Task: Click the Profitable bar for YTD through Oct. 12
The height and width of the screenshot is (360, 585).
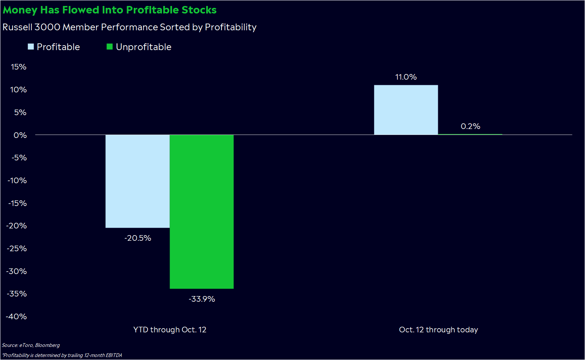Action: point(137,181)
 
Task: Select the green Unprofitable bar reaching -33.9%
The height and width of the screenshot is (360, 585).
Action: point(202,212)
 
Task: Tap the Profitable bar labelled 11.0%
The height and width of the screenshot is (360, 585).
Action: point(406,110)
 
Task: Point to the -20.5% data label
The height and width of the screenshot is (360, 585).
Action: point(138,238)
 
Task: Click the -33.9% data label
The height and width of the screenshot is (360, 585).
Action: point(202,299)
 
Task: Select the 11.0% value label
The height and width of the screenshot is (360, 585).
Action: point(406,77)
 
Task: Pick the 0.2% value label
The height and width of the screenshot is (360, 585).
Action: point(470,126)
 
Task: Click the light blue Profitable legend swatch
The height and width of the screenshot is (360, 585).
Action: point(31,47)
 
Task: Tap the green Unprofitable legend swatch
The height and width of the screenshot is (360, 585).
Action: point(110,47)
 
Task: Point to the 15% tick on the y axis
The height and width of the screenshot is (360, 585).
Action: point(19,67)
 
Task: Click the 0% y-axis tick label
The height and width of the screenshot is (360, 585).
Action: point(20,135)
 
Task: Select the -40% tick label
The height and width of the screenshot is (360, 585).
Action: point(16,317)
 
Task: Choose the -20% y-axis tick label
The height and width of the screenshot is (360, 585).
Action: point(16,226)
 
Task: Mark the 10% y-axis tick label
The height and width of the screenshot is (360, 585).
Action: point(18,90)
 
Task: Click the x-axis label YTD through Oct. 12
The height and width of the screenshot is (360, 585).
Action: point(170,330)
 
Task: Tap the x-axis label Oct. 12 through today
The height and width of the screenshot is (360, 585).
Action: point(438,330)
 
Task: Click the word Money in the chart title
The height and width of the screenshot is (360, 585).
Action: point(20,10)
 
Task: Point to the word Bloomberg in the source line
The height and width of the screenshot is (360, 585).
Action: point(47,345)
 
